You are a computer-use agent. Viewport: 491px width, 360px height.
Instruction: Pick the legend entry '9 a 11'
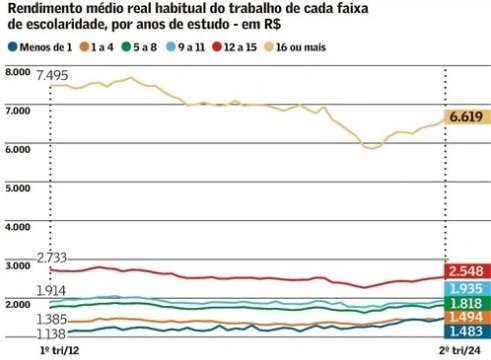[x=195, y=47]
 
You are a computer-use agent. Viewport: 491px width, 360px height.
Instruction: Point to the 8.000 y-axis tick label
[x=19, y=72]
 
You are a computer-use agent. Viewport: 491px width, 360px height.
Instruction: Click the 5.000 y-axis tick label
[x=19, y=187]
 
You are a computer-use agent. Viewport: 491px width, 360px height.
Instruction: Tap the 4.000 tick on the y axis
[x=19, y=226]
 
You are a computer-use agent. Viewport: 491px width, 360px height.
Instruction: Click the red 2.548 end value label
[x=466, y=272]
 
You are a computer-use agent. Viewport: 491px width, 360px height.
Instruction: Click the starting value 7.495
[x=52, y=76]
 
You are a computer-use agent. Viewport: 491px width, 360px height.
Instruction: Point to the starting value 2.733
[x=52, y=258]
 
